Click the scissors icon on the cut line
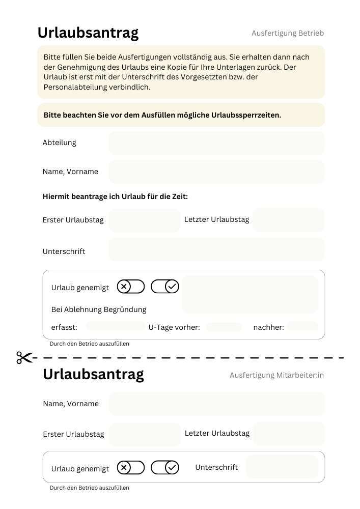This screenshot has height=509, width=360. pos(24,358)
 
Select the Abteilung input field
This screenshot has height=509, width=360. pos(216,143)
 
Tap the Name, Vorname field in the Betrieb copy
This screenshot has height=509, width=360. pos(216,172)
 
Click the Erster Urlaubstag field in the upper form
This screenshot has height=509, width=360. pos(145,220)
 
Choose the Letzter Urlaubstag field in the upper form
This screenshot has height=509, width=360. pos(288,220)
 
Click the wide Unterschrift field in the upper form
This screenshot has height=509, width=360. pos(216,249)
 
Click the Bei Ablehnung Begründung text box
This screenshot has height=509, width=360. pos(250,294)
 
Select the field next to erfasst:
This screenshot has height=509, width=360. pos(116,326)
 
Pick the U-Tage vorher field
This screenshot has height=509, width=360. pos(224,327)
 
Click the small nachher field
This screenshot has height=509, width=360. pos(302,326)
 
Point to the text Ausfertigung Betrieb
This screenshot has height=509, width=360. pos(288,33)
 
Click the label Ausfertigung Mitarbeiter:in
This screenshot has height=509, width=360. pos(276,375)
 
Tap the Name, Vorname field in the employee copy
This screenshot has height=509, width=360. pos(216,404)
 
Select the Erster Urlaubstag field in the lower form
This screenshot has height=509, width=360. pos(145,434)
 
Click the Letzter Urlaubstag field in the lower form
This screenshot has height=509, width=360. pos(288,434)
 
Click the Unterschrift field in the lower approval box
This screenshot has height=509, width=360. pos(282,467)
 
